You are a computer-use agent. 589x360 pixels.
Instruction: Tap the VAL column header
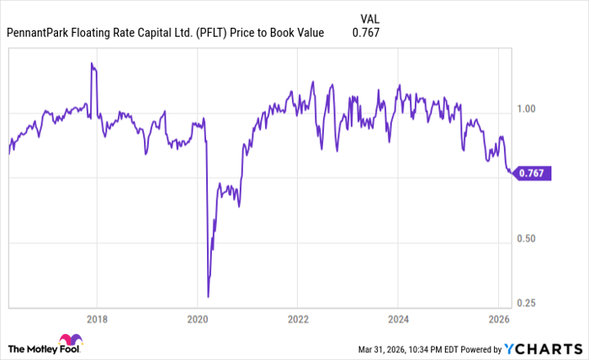pos(369,17)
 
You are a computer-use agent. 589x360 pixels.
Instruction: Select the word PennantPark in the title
pos(40,34)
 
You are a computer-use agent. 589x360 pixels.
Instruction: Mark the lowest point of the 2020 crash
pos(208,296)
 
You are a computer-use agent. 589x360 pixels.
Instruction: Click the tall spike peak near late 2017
pos(91,63)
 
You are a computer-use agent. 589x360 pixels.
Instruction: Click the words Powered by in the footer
pos(477,349)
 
